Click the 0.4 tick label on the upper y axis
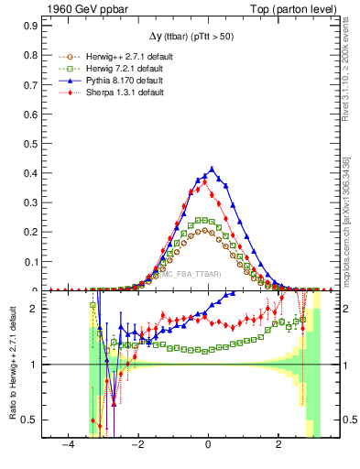[29, 172]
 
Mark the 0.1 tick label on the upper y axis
[29, 262]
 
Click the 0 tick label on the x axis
[210, 445]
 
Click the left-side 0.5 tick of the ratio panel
[29, 420]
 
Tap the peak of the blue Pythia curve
[213, 169]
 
